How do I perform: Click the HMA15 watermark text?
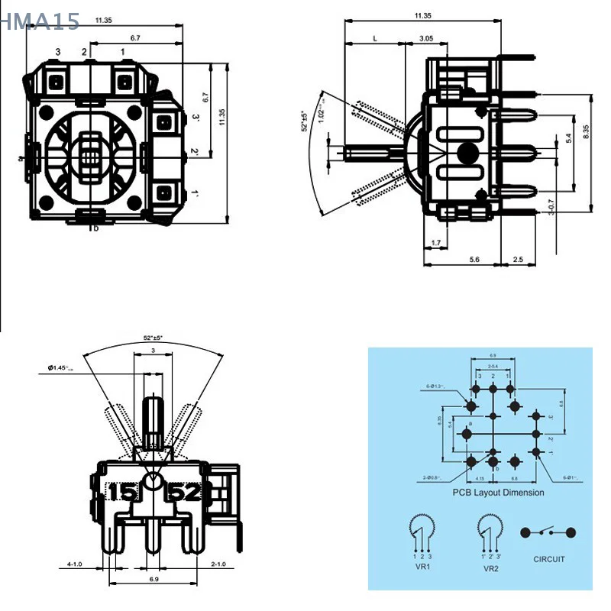(x=40, y=21)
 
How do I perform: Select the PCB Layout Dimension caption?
(x=498, y=493)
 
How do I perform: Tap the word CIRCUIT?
(x=549, y=559)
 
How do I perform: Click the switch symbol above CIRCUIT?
(x=548, y=532)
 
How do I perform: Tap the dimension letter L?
(x=374, y=37)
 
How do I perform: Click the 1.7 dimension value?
(x=435, y=243)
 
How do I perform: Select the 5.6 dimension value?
(x=474, y=260)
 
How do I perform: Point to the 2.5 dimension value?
(x=518, y=260)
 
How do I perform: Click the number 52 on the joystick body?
(x=186, y=491)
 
